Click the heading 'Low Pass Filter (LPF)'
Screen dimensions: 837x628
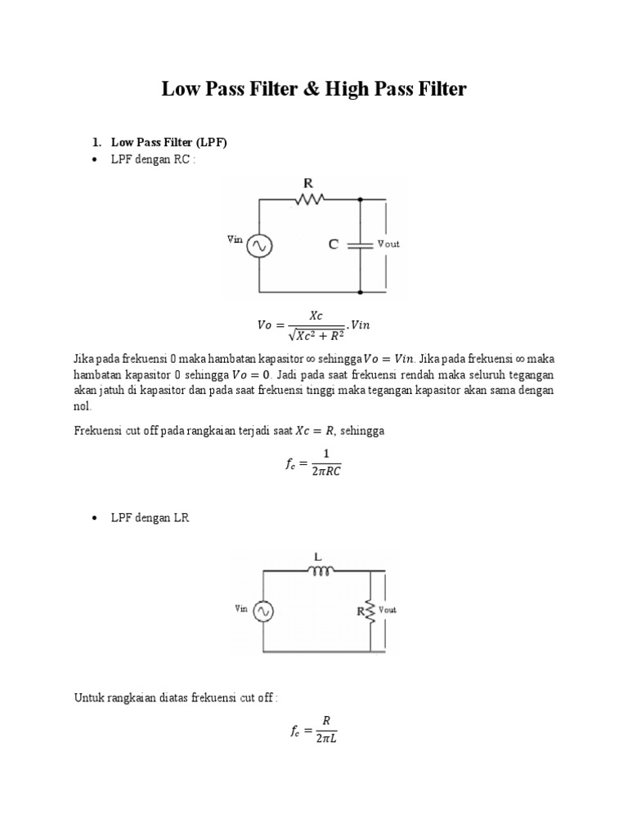169,142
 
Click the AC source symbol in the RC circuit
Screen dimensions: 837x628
260,245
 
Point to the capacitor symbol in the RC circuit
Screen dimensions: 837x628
360,244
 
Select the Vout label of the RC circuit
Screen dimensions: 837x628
388,244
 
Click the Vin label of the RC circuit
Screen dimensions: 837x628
235,239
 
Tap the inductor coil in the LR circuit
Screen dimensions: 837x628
320,571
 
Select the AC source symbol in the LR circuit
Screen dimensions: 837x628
262,611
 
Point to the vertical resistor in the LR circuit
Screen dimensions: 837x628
370,611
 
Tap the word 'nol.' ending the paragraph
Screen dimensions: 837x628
83,405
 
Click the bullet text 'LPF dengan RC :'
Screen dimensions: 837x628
155,159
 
